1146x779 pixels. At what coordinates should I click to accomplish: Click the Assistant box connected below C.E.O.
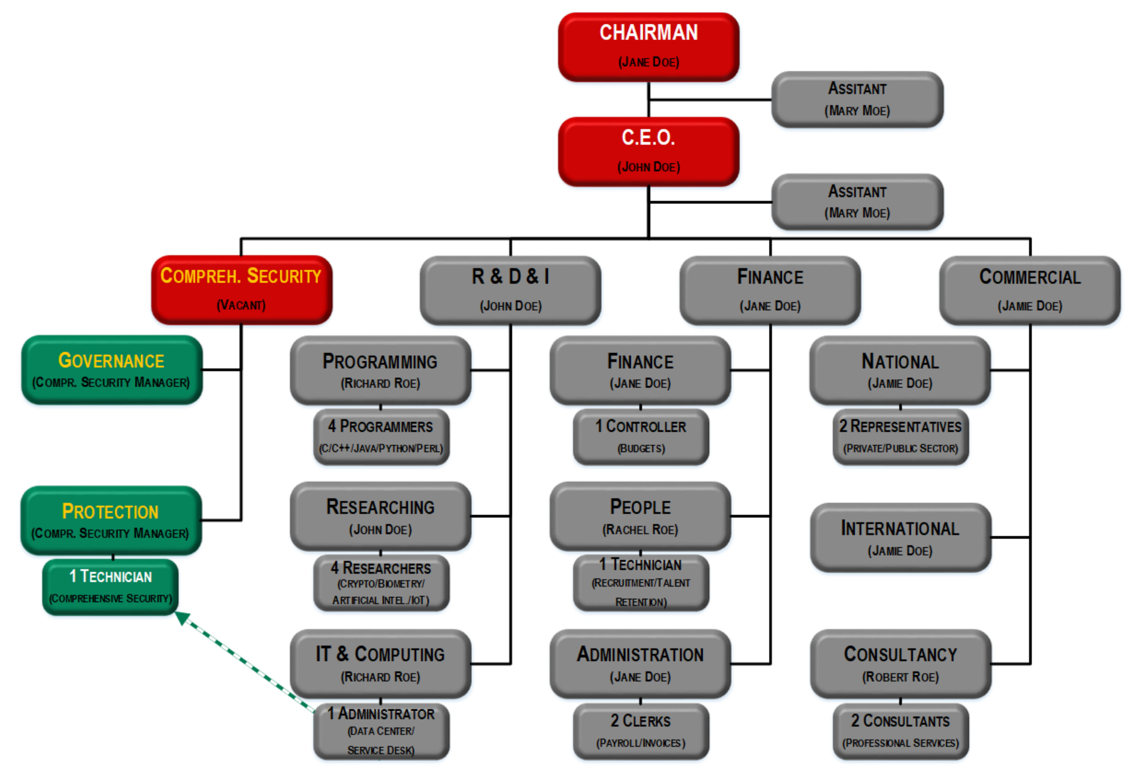pos(857,201)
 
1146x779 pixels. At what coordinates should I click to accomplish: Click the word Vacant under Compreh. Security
pos(241,305)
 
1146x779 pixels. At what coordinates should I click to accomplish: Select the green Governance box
pos(111,370)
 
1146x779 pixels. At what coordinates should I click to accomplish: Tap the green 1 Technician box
pos(110,586)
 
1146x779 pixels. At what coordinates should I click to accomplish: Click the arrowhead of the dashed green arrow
pos(180,617)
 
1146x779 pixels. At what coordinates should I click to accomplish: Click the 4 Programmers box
pos(381,437)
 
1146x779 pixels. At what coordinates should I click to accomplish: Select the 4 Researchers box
pos(381,583)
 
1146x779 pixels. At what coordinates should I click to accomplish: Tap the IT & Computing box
pos(380,663)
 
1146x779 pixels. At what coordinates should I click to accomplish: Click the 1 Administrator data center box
pos(381,731)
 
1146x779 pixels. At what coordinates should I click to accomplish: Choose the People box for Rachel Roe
pos(640,516)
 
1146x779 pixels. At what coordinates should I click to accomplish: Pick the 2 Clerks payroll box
pos(640,731)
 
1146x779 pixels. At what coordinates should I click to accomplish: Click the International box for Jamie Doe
pos(900,537)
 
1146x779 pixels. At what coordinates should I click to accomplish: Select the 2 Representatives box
pos(900,437)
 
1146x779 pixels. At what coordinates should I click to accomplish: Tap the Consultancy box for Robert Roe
pos(900,663)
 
